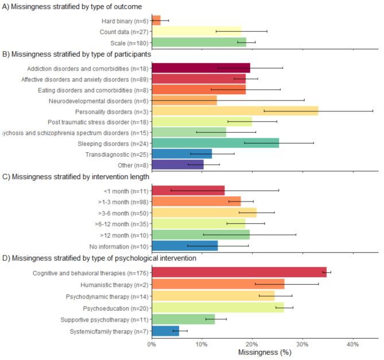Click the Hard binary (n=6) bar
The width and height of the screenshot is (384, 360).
tap(156, 20)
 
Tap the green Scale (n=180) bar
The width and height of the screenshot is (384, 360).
tap(199, 42)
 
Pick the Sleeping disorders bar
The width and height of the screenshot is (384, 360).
tap(215, 143)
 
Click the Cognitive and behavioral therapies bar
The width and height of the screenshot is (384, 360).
tap(239, 273)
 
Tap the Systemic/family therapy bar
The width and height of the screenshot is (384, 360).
tap(165, 331)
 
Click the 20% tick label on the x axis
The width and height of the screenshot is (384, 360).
tap(253, 344)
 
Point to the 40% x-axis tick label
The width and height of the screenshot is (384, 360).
tap(353, 344)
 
